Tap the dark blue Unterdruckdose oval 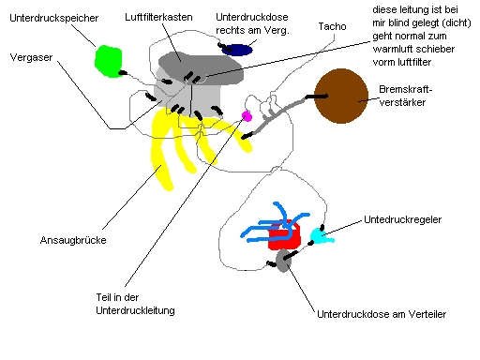[236, 50]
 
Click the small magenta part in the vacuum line [247, 116]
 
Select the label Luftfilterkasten [161, 17]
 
